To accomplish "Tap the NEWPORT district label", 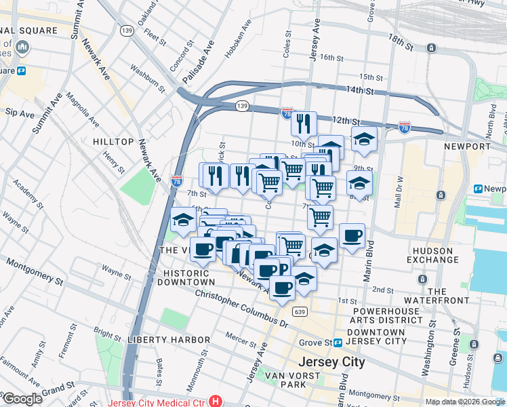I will coord(466,147).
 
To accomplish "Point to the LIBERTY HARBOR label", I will coord(169,339).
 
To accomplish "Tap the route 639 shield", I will coord(300,311).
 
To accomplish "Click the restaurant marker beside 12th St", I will coord(304,123).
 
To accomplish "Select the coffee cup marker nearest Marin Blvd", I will coord(351,236).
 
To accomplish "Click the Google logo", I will coord(22,399).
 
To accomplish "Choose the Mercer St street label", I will coord(240,336).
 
